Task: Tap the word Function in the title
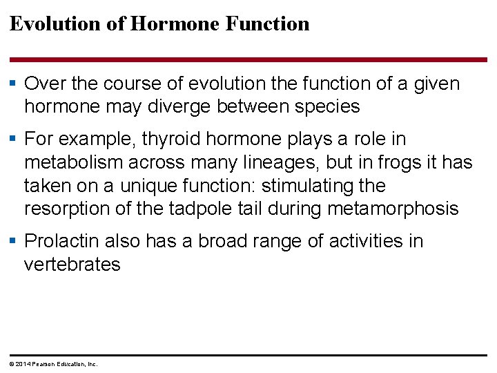[x=267, y=23]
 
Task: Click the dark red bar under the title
[x=248, y=59]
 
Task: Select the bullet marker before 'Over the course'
[x=14, y=84]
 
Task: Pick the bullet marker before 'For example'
[x=14, y=140]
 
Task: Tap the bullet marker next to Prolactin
[x=14, y=241]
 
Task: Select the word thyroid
[x=170, y=140]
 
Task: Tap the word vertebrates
[x=72, y=265]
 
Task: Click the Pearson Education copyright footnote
[x=53, y=364]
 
